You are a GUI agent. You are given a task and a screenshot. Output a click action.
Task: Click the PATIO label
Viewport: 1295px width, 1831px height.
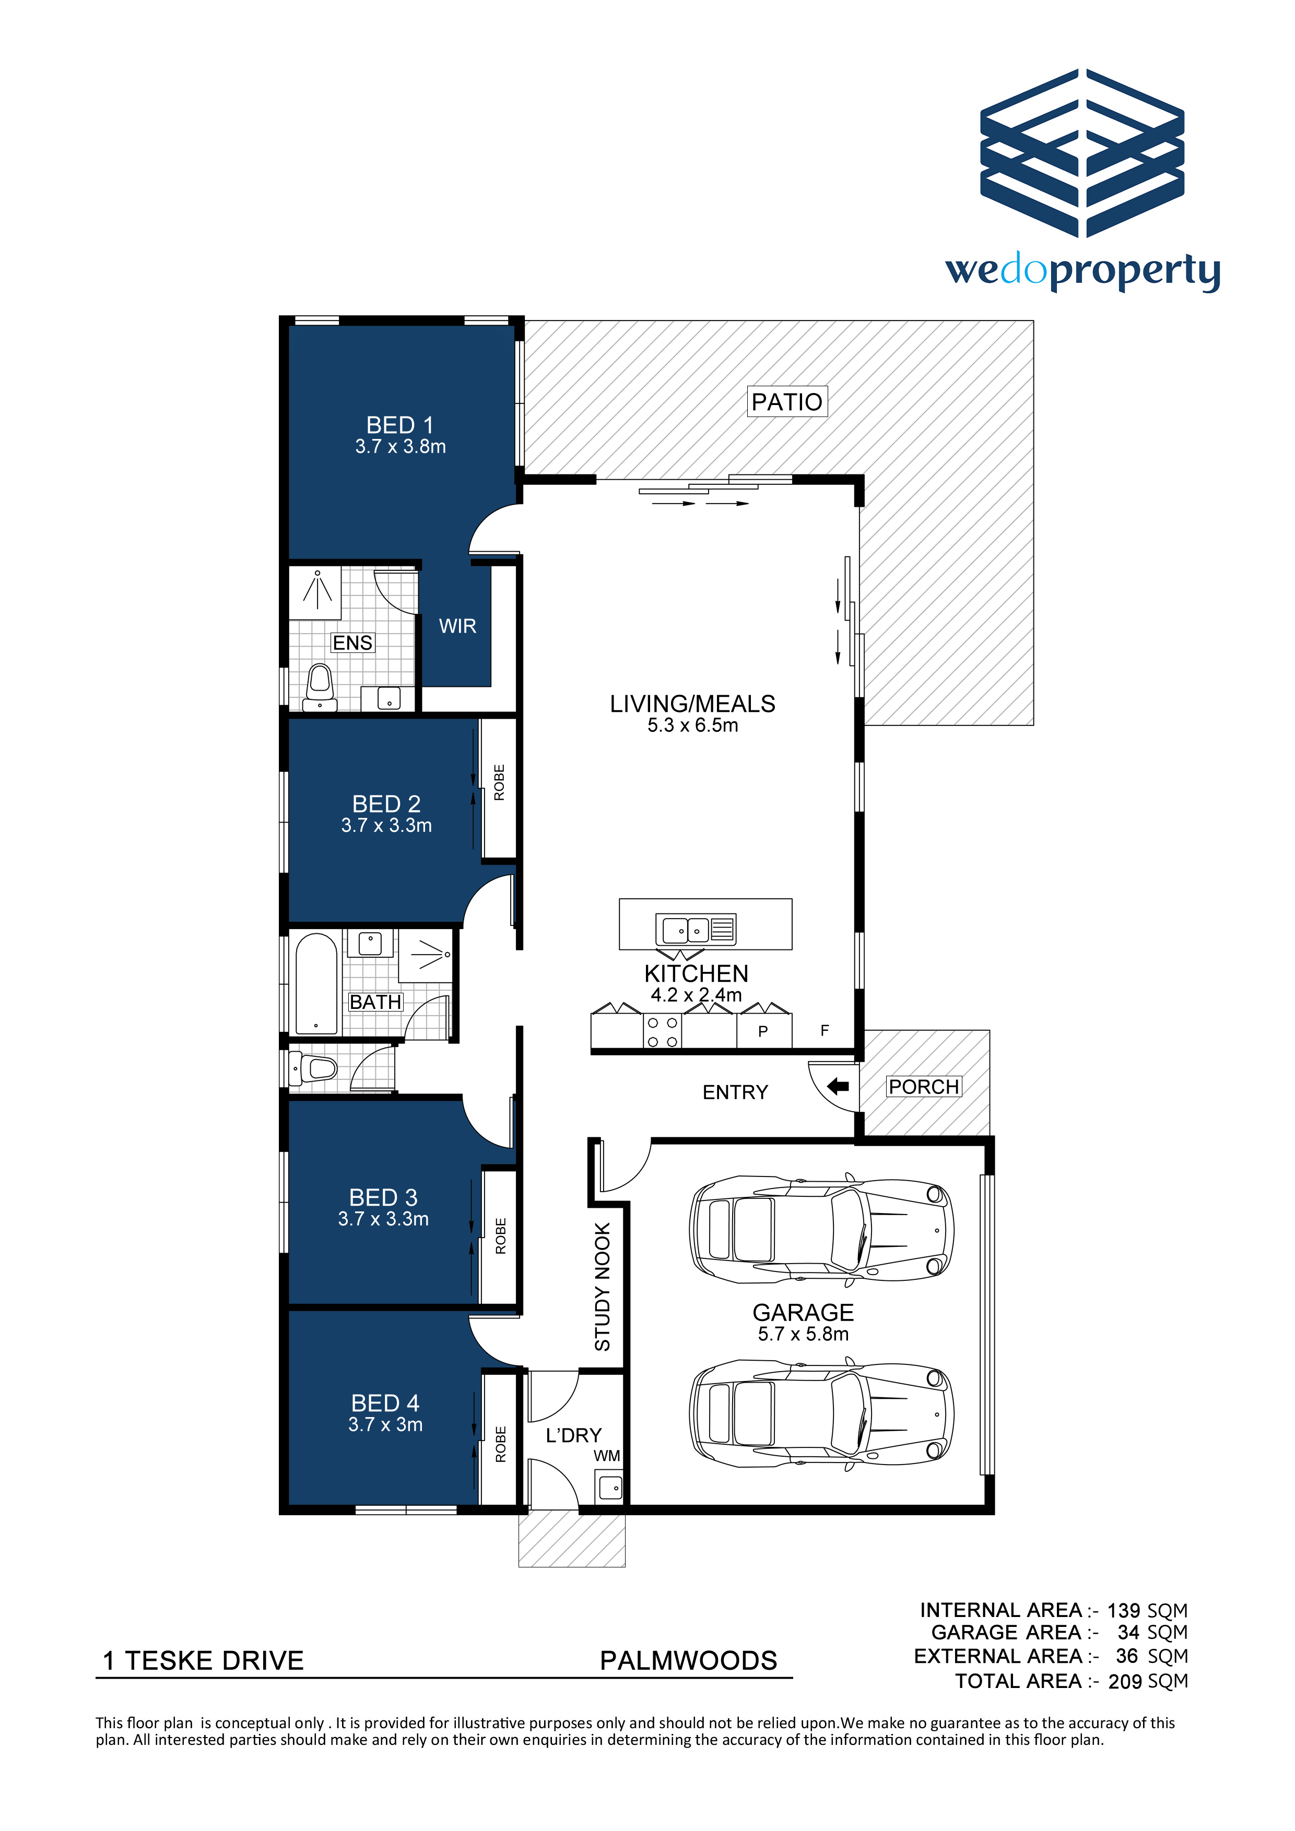click(x=787, y=401)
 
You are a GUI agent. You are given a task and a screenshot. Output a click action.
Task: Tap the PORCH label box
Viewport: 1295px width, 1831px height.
click(x=924, y=1086)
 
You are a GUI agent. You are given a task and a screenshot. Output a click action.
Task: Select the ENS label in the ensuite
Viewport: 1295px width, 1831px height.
click(x=352, y=643)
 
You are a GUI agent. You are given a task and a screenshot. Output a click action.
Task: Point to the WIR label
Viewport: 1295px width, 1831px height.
click(x=457, y=626)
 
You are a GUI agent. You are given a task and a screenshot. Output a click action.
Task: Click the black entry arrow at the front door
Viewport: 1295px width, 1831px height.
click(x=838, y=1086)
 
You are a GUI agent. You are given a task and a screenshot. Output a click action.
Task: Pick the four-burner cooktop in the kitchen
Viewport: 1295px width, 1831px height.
click(x=662, y=1031)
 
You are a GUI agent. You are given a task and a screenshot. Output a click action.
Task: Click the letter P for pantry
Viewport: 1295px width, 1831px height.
click(x=763, y=1031)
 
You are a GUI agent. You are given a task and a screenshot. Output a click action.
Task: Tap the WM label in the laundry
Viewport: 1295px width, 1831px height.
click(x=606, y=1455)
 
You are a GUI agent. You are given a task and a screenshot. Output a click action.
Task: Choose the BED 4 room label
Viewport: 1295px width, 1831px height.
click(x=385, y=1403)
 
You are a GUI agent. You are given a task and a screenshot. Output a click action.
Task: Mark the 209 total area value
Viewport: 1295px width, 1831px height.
click(x=1125, y=1681)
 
